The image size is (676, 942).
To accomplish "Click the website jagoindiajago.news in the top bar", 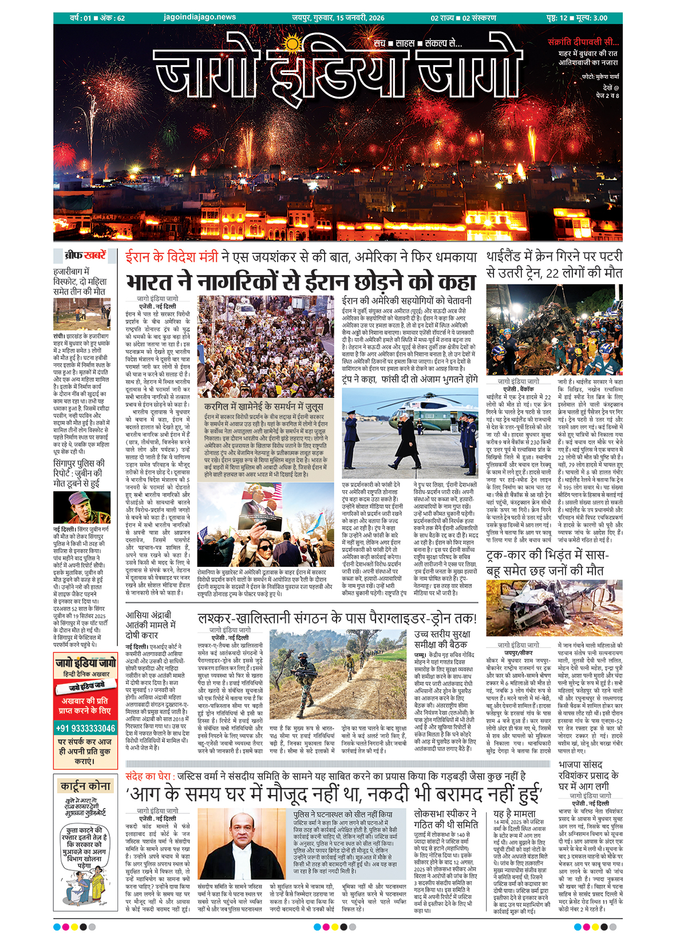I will coord(199,17).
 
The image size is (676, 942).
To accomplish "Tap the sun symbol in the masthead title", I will coord(292,44).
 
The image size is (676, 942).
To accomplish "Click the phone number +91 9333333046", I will coord(85,728).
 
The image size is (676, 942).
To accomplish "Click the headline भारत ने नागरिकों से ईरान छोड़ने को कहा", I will coord(301,282).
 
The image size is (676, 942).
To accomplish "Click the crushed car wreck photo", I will coord(554,607).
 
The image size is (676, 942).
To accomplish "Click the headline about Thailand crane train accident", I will coord(554,264).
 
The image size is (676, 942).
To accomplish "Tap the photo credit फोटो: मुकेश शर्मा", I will coord(600,76).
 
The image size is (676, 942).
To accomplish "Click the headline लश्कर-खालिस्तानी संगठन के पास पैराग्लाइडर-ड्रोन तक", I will coord(337,618).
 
